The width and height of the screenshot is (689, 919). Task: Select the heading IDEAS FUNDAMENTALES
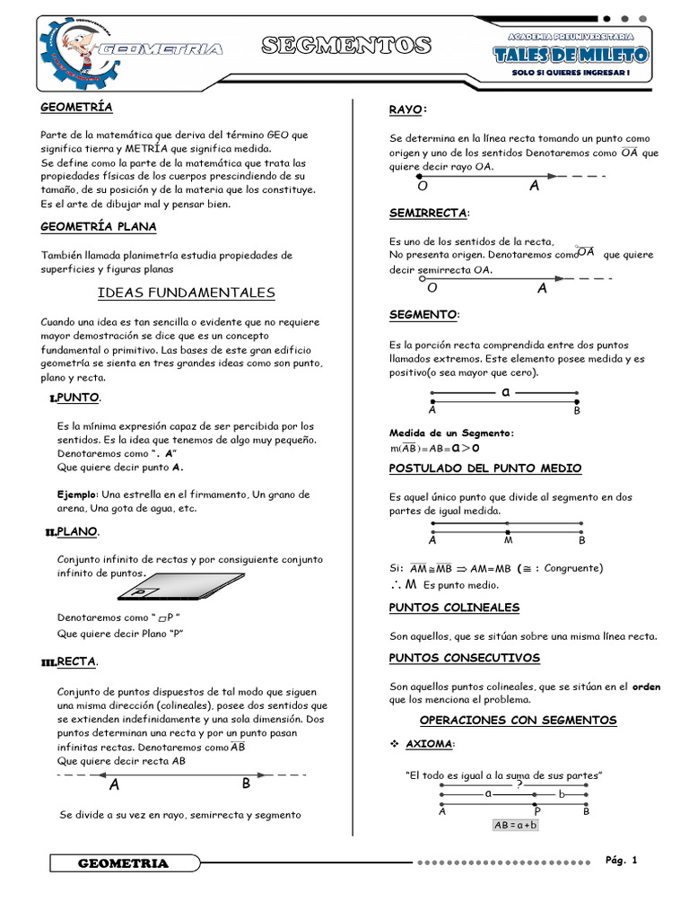pyautogui.click(x=186, y=293)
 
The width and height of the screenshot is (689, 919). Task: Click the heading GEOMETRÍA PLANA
pyautogui.click(x=99, y=227)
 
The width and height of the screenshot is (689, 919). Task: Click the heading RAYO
pyautogui.click(x=407, y=109)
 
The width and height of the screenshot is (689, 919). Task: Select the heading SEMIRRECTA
pyautogui.click(x=429, y=213)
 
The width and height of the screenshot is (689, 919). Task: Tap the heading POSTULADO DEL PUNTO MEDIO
pyautogui.click(x=484, y=468)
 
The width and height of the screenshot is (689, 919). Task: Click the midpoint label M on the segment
pyautogui.click(x=508, y=540)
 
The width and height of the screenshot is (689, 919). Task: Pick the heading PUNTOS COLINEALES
pyautogui.click(x=454, y=608)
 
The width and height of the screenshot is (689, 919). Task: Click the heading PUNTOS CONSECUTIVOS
pyautogui.click(x=464, y=658)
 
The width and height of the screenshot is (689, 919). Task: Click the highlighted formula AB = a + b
pyautogui.click(x=516, y=825)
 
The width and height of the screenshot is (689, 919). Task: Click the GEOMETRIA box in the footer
pyautogui.click(x=123, y=863)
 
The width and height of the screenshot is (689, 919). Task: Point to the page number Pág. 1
pyautogui.click(x=621, y=861)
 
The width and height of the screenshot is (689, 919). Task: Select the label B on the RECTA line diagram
pyautogui.click(x=246, y=783)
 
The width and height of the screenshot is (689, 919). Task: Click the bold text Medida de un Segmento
pyautogui.click(x=451, y=433)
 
